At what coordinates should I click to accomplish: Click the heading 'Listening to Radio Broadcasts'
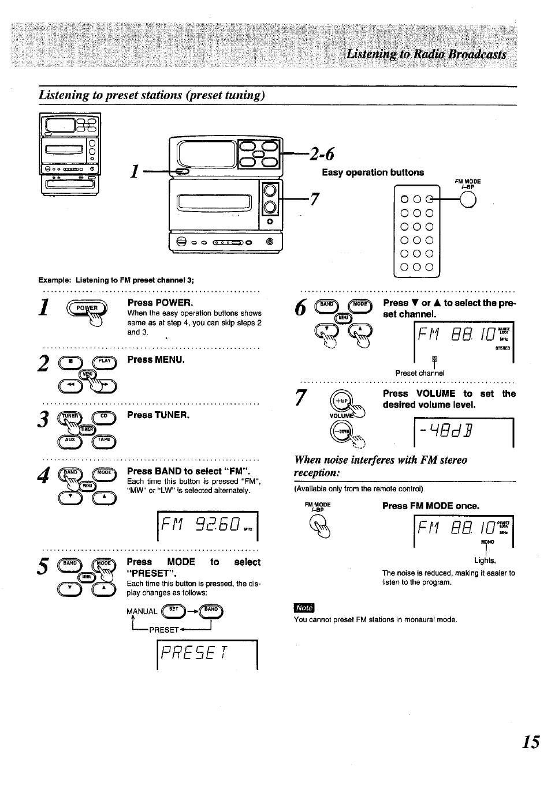(426, 54)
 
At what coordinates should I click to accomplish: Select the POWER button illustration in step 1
(87, 309)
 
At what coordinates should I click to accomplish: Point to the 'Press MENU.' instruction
(156, 360)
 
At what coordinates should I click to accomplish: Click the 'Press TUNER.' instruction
(158, 415)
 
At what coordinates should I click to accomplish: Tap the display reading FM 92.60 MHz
(207, 525)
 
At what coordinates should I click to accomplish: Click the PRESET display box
(207, 654)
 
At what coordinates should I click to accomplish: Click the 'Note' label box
(304, 608)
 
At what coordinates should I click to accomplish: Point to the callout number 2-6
(322, 154)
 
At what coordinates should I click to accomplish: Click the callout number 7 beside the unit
(314, 199)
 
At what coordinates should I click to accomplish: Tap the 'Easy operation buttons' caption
(373, 172)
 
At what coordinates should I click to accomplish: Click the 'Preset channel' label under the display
(420, 373)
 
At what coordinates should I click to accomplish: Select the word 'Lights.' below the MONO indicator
(485, 560)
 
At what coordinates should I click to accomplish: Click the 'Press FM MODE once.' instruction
(430, 506)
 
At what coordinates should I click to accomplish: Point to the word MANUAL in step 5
(142, 611)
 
